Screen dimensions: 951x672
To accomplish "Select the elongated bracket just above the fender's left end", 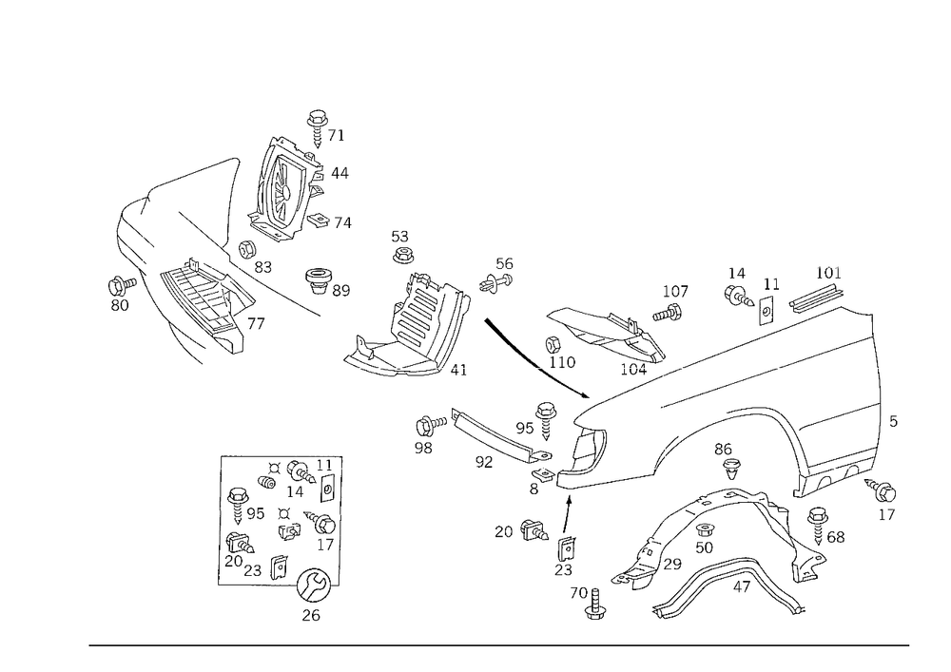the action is tap(599, 328).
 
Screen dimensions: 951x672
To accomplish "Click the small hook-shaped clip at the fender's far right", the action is tap(886, 499).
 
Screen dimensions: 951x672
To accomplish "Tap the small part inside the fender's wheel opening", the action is tap(732, 461).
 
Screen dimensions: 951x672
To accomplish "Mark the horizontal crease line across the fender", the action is tap(761, 375).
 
